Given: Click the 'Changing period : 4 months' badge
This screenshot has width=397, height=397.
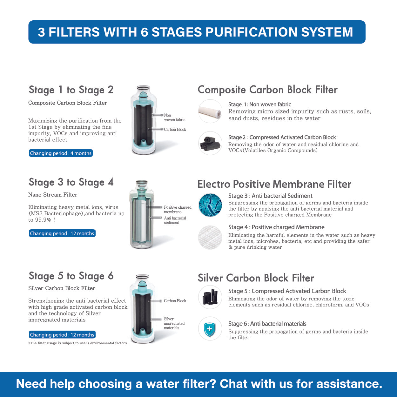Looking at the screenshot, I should (x=61, y=153).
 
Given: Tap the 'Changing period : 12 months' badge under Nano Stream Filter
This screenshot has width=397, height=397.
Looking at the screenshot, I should (x=62, y=233).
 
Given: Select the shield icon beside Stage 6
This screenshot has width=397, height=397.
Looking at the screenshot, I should (x=210, y=328).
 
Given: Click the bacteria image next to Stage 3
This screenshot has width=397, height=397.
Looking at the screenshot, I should (x=210, y=205).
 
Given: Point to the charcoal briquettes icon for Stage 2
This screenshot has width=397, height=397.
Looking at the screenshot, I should (x=210, y=143).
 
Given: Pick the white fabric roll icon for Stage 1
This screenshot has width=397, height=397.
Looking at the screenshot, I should (x=210, y=111).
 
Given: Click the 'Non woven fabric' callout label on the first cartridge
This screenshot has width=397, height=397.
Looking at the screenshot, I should (x=174, y=118).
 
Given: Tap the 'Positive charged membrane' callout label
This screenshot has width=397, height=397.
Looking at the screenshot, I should (x=177, y=210).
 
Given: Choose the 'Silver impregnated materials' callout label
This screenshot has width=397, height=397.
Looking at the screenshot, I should (x=174, y=323).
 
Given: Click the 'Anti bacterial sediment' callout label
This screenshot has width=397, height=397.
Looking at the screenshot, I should (x=175, y=220).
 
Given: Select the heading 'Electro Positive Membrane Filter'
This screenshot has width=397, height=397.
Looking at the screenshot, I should (x=274, y=184).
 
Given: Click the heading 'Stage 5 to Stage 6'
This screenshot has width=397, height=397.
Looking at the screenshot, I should (x=71, y=276).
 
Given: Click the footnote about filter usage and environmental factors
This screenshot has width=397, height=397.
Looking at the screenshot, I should (x=78, y=343).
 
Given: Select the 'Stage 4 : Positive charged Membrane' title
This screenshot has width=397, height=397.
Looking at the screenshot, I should (x=276, y=227).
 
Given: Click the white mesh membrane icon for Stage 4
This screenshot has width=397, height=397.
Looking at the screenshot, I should (x=210, y=237).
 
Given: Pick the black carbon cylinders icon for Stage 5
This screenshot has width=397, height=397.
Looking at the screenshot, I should (x=210, y=297).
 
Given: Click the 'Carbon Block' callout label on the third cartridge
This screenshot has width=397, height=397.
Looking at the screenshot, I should (x=175, y=301).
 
